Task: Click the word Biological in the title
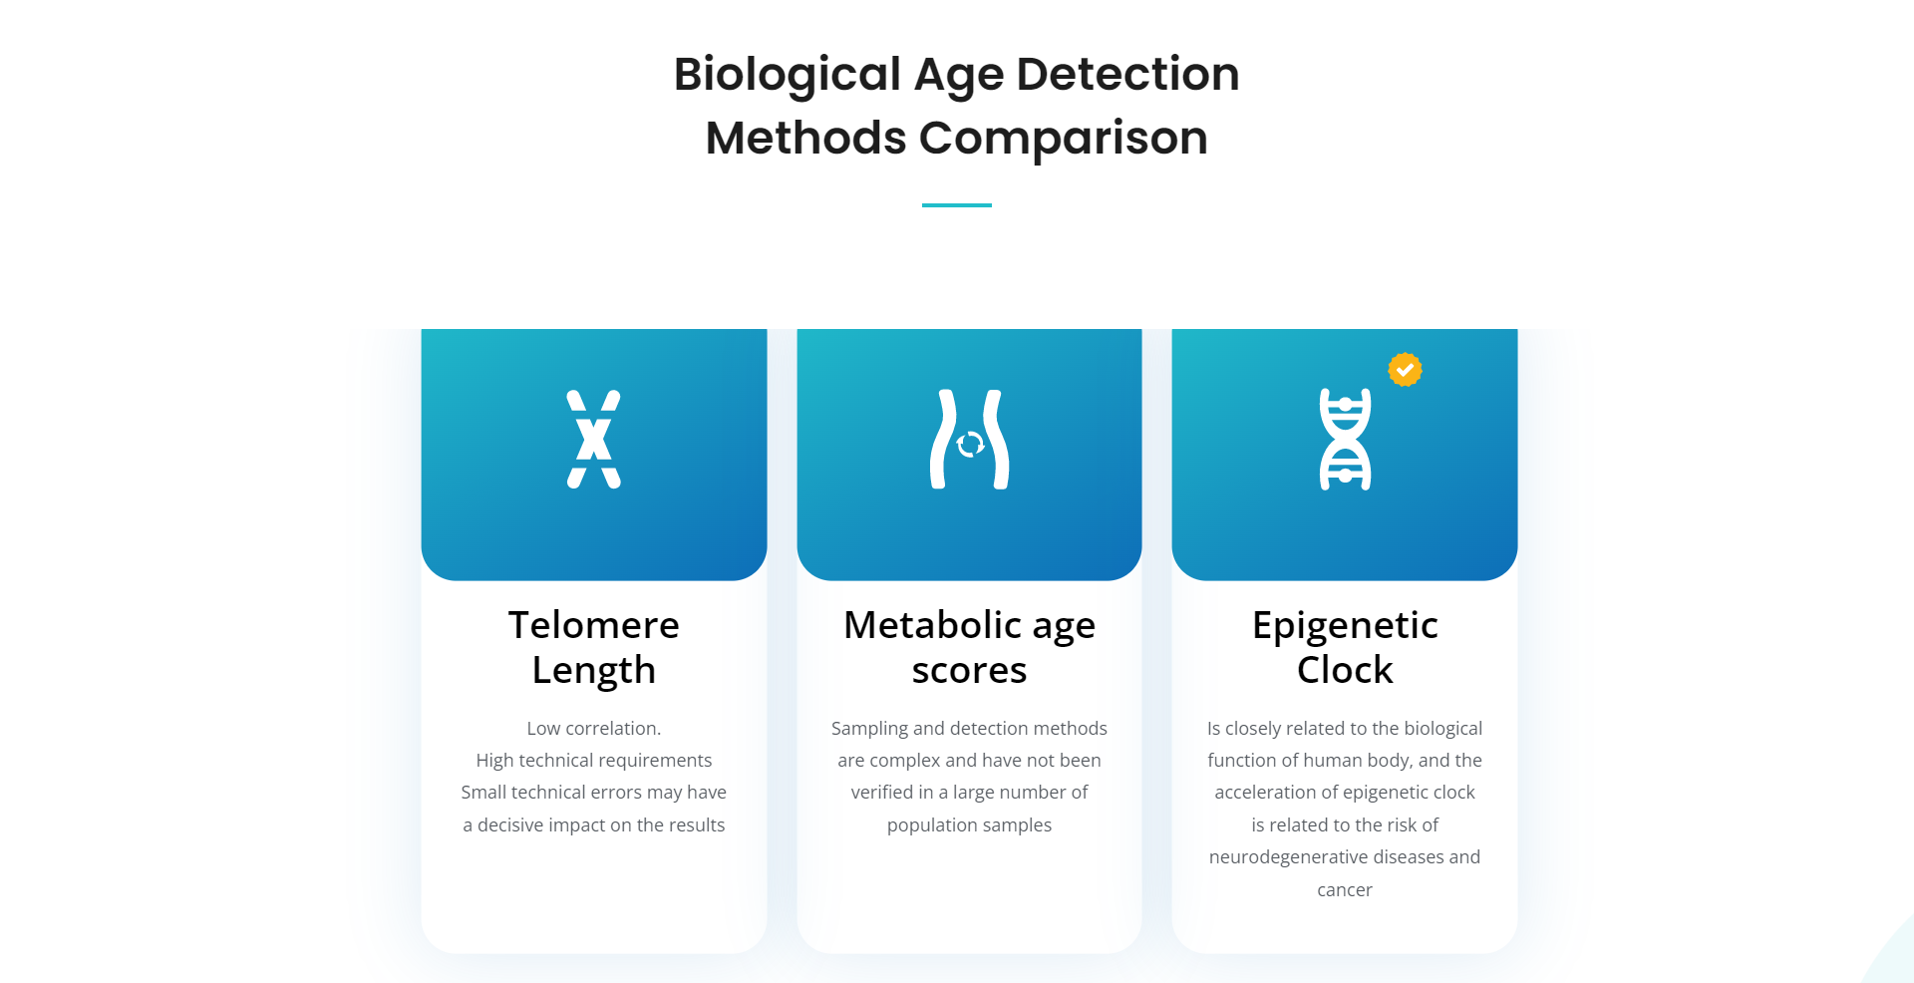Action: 788,76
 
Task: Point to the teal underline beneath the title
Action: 957,205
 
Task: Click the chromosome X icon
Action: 594,439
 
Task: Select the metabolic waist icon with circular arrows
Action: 969,440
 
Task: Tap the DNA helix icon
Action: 1345,440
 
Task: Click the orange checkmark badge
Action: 1405,370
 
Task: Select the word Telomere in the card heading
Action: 594,625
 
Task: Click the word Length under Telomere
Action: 594,671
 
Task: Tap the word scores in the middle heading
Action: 969,671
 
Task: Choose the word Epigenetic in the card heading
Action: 1345,626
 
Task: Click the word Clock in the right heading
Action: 1345,670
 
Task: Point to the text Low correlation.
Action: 594,729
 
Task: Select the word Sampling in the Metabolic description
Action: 869,729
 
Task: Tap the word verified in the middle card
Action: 882,793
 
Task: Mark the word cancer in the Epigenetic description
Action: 1345,890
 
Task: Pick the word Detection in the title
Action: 1127,74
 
